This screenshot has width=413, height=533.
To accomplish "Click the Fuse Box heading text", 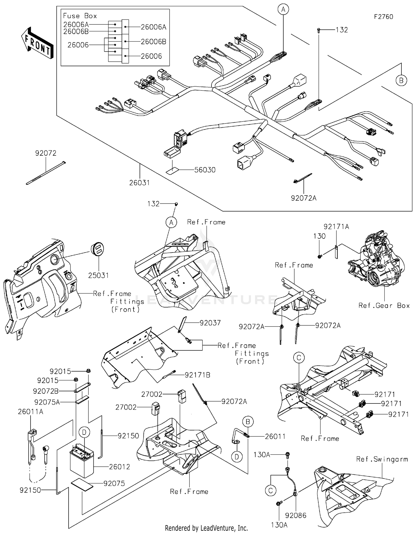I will tap(80, 16).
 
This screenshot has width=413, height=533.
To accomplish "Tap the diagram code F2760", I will tap(383, 17).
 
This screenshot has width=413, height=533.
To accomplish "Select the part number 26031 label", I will tap(139, 183).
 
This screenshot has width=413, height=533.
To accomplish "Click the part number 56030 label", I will tap(205, 170).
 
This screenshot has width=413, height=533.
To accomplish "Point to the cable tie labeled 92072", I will tap(46, 173).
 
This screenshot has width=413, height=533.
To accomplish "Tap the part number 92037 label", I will tap(210, 323).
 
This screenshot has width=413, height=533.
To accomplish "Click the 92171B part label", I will tap(197, 375).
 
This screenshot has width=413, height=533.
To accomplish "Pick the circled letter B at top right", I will tap(401, 81).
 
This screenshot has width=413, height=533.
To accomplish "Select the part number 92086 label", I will tap(296, 515).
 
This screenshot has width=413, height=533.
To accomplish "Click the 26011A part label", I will tap(30, 412).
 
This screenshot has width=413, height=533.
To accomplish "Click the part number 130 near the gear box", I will tap(319, 236).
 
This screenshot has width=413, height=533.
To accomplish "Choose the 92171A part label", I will tap(336, 227).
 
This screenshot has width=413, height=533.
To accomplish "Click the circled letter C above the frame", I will tap(299, 358).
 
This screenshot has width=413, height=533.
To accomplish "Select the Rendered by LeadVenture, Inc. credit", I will tap(206, 528).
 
